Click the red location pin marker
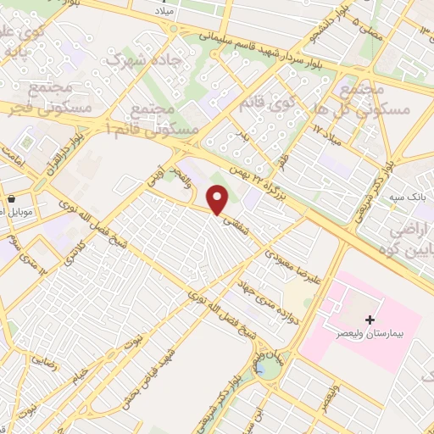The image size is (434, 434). (x=219, y=200)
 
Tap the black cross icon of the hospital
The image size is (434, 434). (x=369, y=320)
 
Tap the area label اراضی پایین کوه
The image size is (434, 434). (x=409, y=240)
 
